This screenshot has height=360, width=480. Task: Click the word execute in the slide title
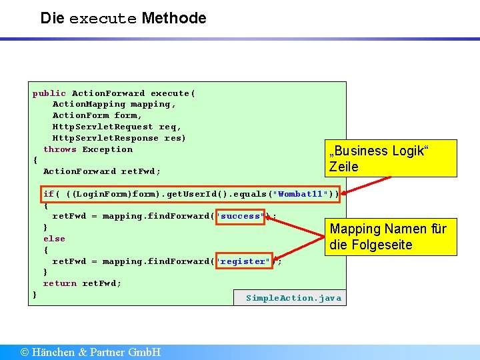click(x=102, y=19)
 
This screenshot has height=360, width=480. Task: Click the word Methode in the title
click(x=174, y=18)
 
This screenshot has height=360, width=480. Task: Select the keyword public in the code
click(x=49, y=93)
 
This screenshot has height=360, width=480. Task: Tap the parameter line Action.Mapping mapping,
click(x=114, y=104)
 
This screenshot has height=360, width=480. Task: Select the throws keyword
click(x=60, y=149)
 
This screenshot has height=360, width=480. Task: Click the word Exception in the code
click(x=107, y=149)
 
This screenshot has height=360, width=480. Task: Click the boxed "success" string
click(x=241, y=216)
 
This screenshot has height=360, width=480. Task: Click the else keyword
click(x=54, y=239)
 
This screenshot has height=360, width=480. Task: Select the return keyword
click(x=60, y=283)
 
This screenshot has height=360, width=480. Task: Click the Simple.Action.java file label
click(x=293, y=298)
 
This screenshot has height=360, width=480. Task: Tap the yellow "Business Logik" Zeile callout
click(x=390, y=159)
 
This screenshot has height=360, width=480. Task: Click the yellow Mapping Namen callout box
click(x=390, y=237)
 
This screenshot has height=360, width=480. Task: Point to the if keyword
click(x=49, y=194)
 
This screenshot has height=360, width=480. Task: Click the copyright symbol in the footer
click(x=25, y=352)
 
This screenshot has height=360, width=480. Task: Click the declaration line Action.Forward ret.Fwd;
click(x=101, y=171)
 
